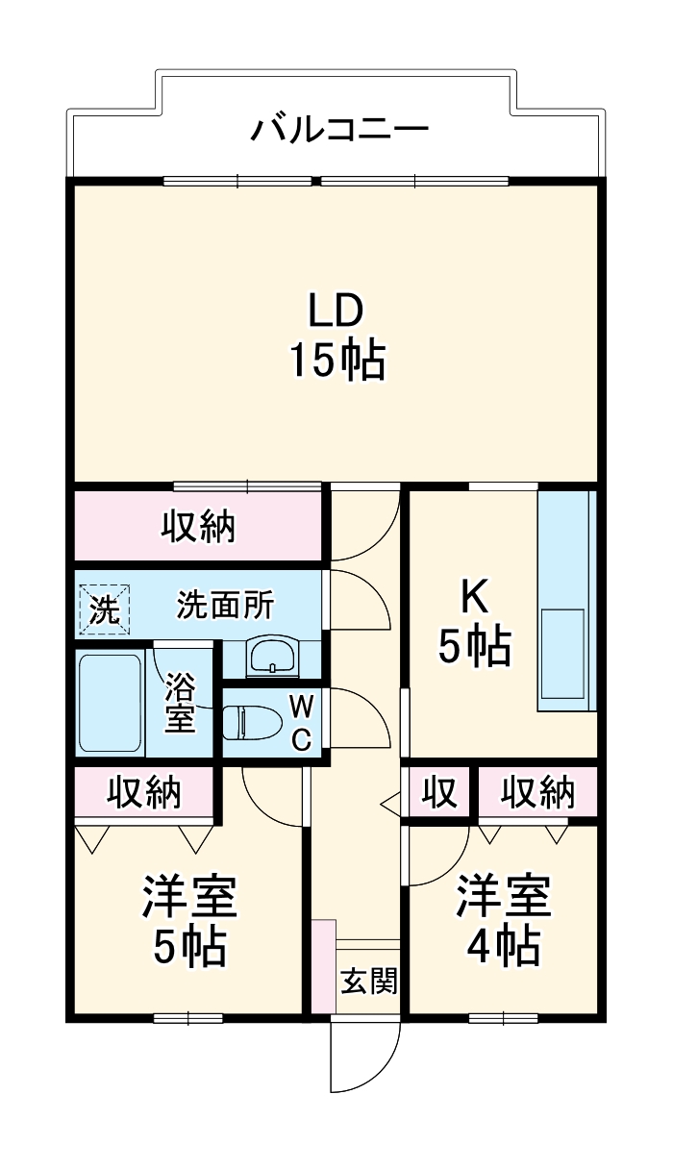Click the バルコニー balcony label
click(x=338, y=129)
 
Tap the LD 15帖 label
click(x=336, y=336)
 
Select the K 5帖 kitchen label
click(x=473, y=624)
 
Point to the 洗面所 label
click(x=225, y=607)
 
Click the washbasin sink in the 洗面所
click(x=274, y=659)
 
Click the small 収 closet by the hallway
click(x=437, y=793)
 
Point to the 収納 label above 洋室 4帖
click(x=537, y=793)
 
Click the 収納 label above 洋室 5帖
click(x=144, y=792)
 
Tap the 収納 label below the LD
click(x=198, y=526)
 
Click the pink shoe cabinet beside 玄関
click(x=324, y=965)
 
